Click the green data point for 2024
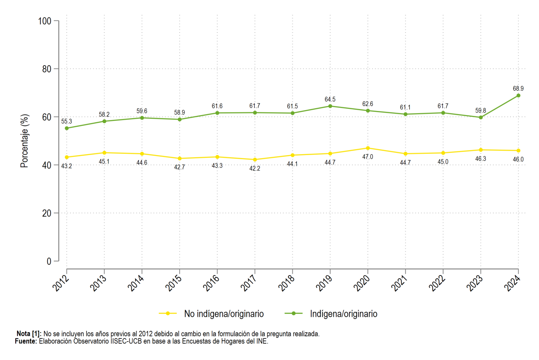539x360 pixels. [x=518, y=96]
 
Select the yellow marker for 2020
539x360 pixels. [x=368, y=148]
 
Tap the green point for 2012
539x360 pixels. [x=66, y=129]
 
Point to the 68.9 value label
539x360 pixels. [x=518, y=89]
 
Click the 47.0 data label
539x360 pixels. [x=368, y=157]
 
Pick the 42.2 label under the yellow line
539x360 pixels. [x=255, y=169]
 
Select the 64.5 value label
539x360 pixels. [x=330, y=99]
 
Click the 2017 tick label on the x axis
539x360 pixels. [x=248, y=283]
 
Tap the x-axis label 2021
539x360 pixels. [x=399, y=283]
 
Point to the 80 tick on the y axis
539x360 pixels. [x=47, y=69]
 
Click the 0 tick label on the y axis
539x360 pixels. [x=49, y=261]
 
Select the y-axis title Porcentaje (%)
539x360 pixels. [x=25, y=141]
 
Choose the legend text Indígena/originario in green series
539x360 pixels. [x=344, y=314]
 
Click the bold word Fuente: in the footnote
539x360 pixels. [x=26, y=341]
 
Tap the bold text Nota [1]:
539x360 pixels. [x=29, y=334]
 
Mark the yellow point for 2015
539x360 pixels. [x=180, y=159]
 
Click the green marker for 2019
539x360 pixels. [x=330, y=106]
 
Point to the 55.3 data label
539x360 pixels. [x=66, y=121]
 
